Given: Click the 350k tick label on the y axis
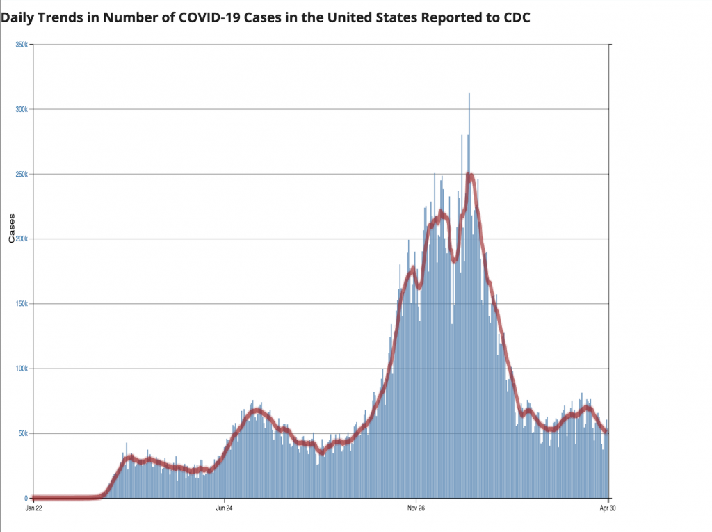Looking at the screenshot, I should click(21, 45).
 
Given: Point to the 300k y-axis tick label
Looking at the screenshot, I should click(21, 109).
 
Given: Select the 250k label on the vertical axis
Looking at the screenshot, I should click(21, 174).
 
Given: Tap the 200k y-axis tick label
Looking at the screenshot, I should click(21, 239).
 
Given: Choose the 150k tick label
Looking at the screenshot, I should click(21, 304).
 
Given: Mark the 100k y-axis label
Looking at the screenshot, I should click(21, 369).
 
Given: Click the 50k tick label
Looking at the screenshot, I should click(22, 433).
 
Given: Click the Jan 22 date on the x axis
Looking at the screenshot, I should click(33, 508).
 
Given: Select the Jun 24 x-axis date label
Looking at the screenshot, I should click(225, 508).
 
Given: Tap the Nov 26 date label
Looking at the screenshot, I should click(416, 508).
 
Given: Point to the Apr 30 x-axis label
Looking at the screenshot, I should click(608, 508).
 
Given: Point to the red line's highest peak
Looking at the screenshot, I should click(469, 176).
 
